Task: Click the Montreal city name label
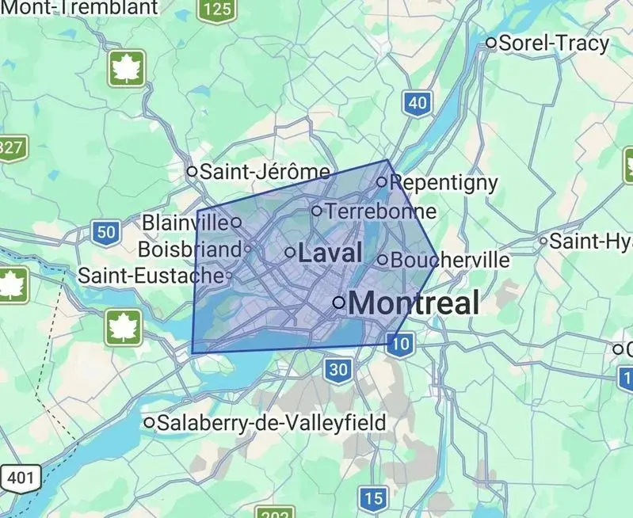coord(414,303)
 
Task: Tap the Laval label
coord(330,253)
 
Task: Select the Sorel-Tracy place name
coord(554,43)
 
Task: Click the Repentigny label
coord(444,183)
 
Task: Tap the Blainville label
coord(185,223)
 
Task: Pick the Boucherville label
coord(450,260)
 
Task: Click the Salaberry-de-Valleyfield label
coord(272,423)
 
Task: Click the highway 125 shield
coord(215,10)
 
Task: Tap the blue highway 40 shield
coord(418,102)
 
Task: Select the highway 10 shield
coord(401,343)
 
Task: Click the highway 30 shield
coord(337,368)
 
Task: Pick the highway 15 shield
coord(373,498)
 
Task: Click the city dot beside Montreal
coord(338,302)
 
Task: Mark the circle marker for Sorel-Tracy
coord(491,43)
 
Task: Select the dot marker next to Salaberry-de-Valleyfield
coord(149,423)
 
